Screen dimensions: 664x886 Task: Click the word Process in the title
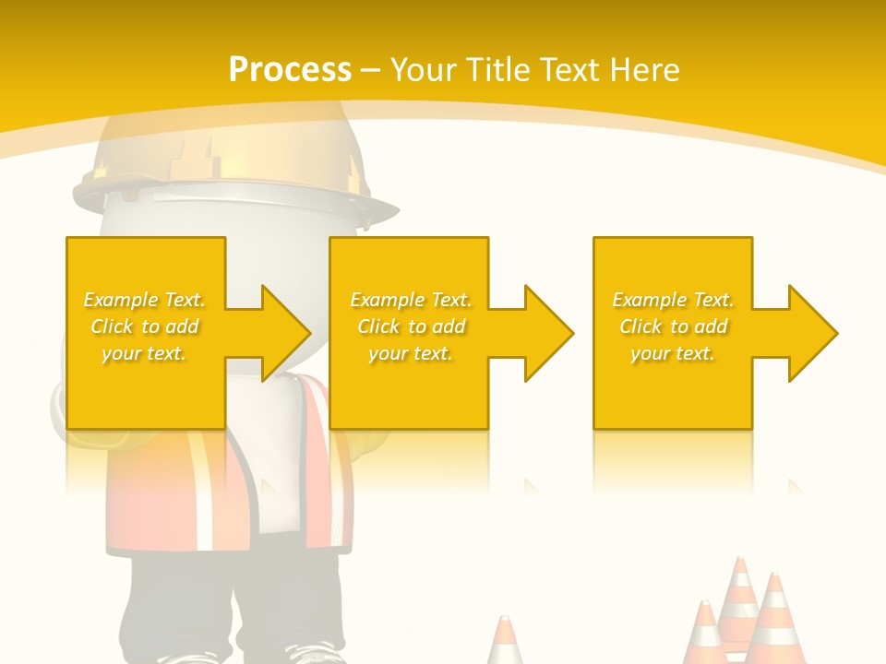click(x=290, y=70)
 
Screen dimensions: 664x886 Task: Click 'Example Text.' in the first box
click(x=145, y=300)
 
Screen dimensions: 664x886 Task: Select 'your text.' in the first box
click(x=145, y=353)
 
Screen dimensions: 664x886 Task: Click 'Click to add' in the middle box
click(x=411, y=326)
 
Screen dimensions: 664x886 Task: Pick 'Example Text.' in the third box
click(x=673, y=300)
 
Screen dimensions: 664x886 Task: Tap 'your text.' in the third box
click(x=673, y=353)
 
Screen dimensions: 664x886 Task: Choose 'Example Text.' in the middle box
click(x=411, y=300)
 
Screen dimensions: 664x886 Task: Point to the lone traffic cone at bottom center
click(x=505, y=642)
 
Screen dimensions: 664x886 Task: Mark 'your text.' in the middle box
click(x=411, y=353)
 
